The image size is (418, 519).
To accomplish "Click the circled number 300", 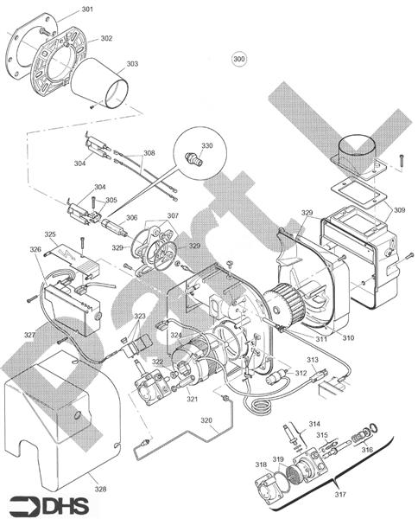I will (239, 58).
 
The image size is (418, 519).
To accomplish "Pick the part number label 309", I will (398, 210).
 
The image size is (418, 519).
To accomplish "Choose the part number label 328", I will (100, 490).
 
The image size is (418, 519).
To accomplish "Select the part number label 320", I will (206, 420).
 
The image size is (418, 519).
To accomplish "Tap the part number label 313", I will (312, 359).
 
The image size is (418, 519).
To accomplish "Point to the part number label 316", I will (367, 449).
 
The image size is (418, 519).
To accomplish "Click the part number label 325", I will (50, 234).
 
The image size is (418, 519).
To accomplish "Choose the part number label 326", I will (35, 250).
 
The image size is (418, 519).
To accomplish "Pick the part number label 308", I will (149, 153).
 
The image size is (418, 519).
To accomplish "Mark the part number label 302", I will (105, 38).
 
